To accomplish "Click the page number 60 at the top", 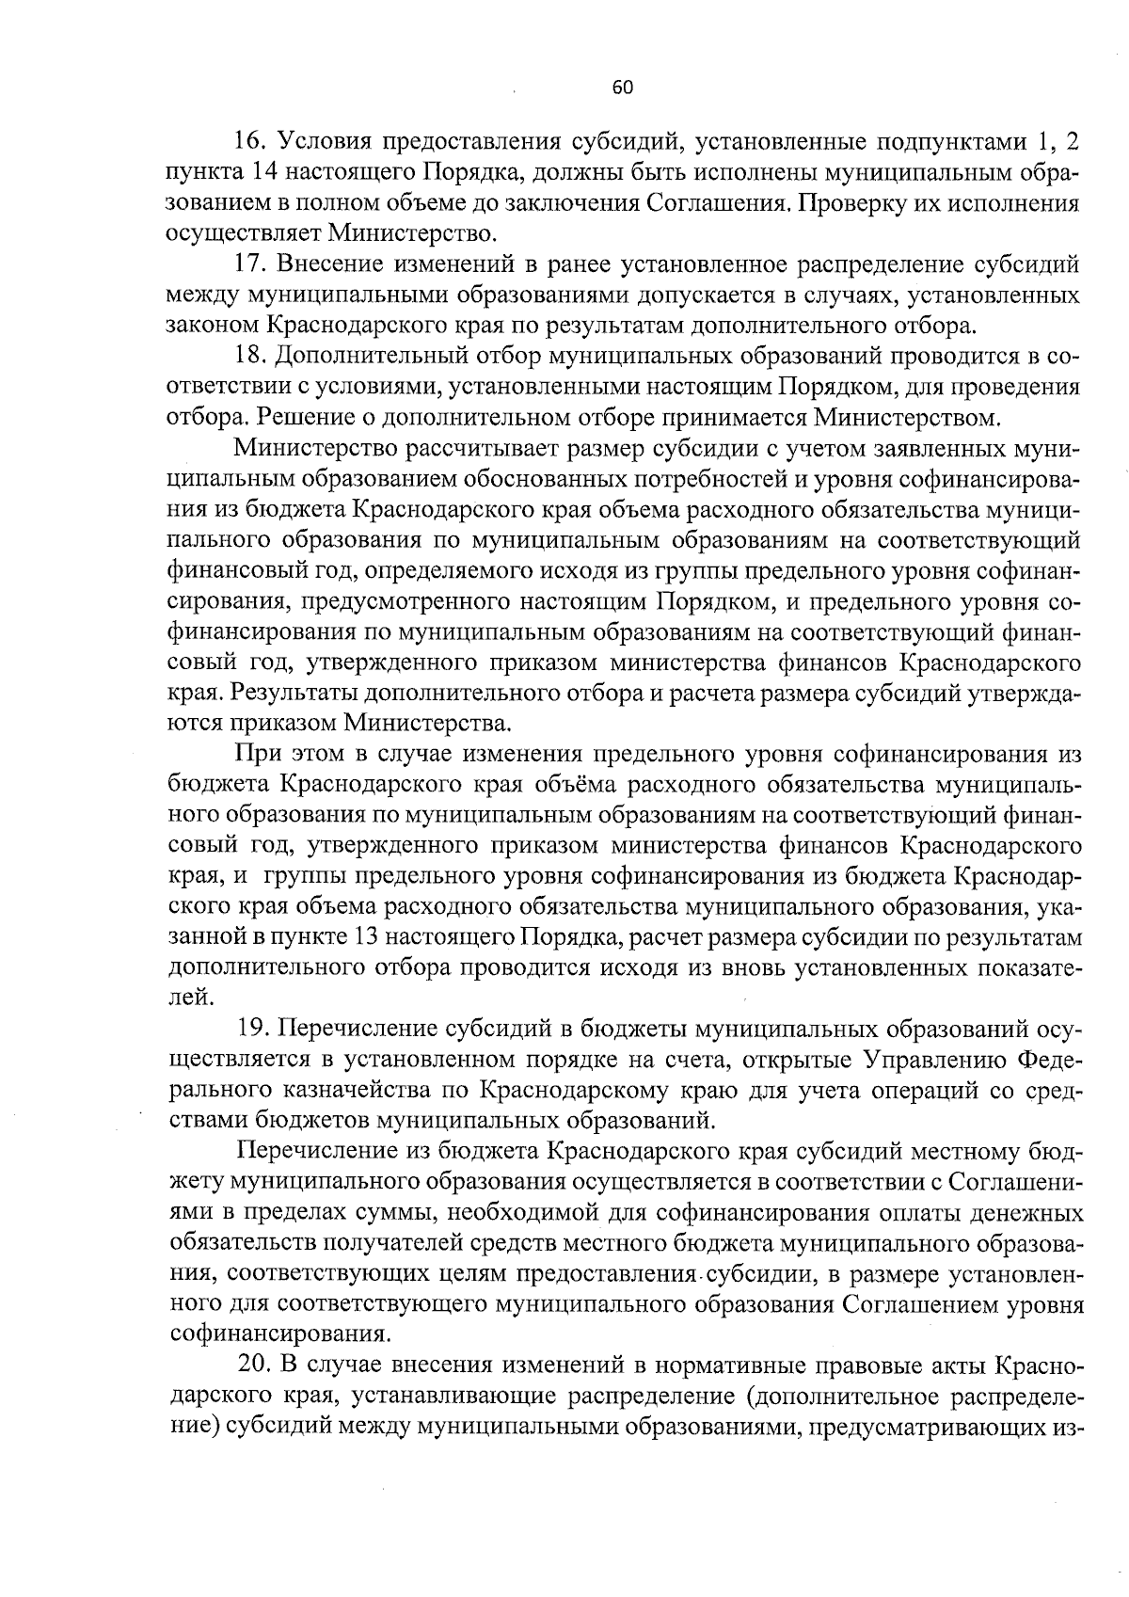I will point(622,88).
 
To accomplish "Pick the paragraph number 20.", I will point(257,1365).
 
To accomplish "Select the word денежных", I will point(1026,1213).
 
